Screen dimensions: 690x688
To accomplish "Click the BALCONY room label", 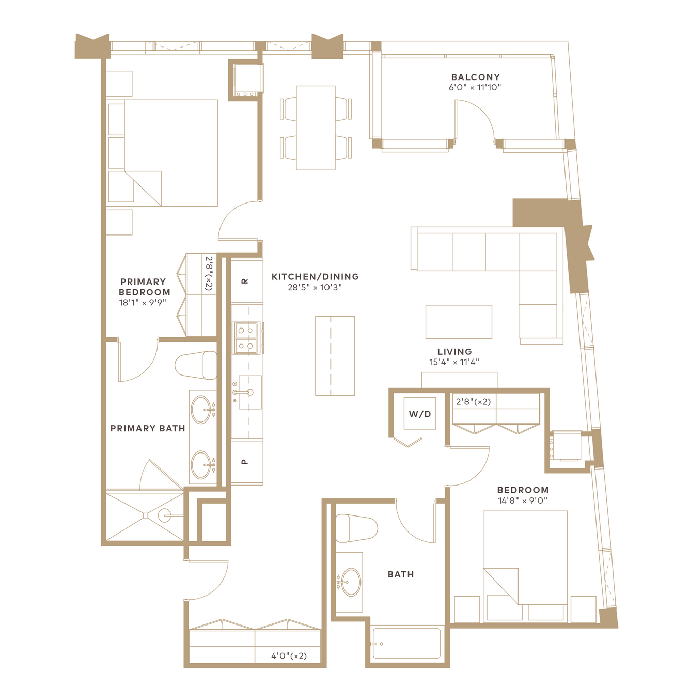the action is click(x=475, y=77).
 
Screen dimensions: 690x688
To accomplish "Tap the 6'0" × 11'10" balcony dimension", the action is click(x=475, y=87).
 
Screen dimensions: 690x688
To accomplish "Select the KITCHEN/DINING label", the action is click(x=315, y=276).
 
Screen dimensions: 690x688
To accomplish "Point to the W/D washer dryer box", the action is click(x=420, y=413).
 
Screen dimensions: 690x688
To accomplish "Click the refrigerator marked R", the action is click(x=247, y=281).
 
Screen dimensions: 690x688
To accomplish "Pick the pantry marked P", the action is click(x=247, y=462).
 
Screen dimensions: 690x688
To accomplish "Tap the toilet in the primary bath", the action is click(x=196, y=365).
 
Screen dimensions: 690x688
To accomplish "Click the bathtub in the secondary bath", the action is click(x=406, y=643).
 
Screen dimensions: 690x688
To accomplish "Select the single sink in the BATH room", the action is click(x=351, y=582).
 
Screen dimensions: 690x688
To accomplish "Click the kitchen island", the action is click(x=335, y=356).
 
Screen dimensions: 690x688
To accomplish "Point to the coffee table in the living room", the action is click(x=458, y=322).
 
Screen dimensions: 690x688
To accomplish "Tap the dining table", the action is click(x=316, y=128).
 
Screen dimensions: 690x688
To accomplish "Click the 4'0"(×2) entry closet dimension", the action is click(x=289, y=656).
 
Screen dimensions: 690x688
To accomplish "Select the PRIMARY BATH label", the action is click(x=148, y=428).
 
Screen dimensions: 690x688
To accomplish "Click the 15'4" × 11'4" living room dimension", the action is click(x=454, y=362).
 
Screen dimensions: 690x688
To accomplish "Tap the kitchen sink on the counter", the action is click(x=250, y=392).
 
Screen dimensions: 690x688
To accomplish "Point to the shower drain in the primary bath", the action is click(x=145, y=515).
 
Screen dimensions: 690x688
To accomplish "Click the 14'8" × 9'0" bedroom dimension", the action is click(x=523, y=501).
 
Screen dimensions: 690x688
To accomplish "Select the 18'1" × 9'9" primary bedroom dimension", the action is click(x=143, y=303).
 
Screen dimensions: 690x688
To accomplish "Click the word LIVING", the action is click(x=454, y=352).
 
